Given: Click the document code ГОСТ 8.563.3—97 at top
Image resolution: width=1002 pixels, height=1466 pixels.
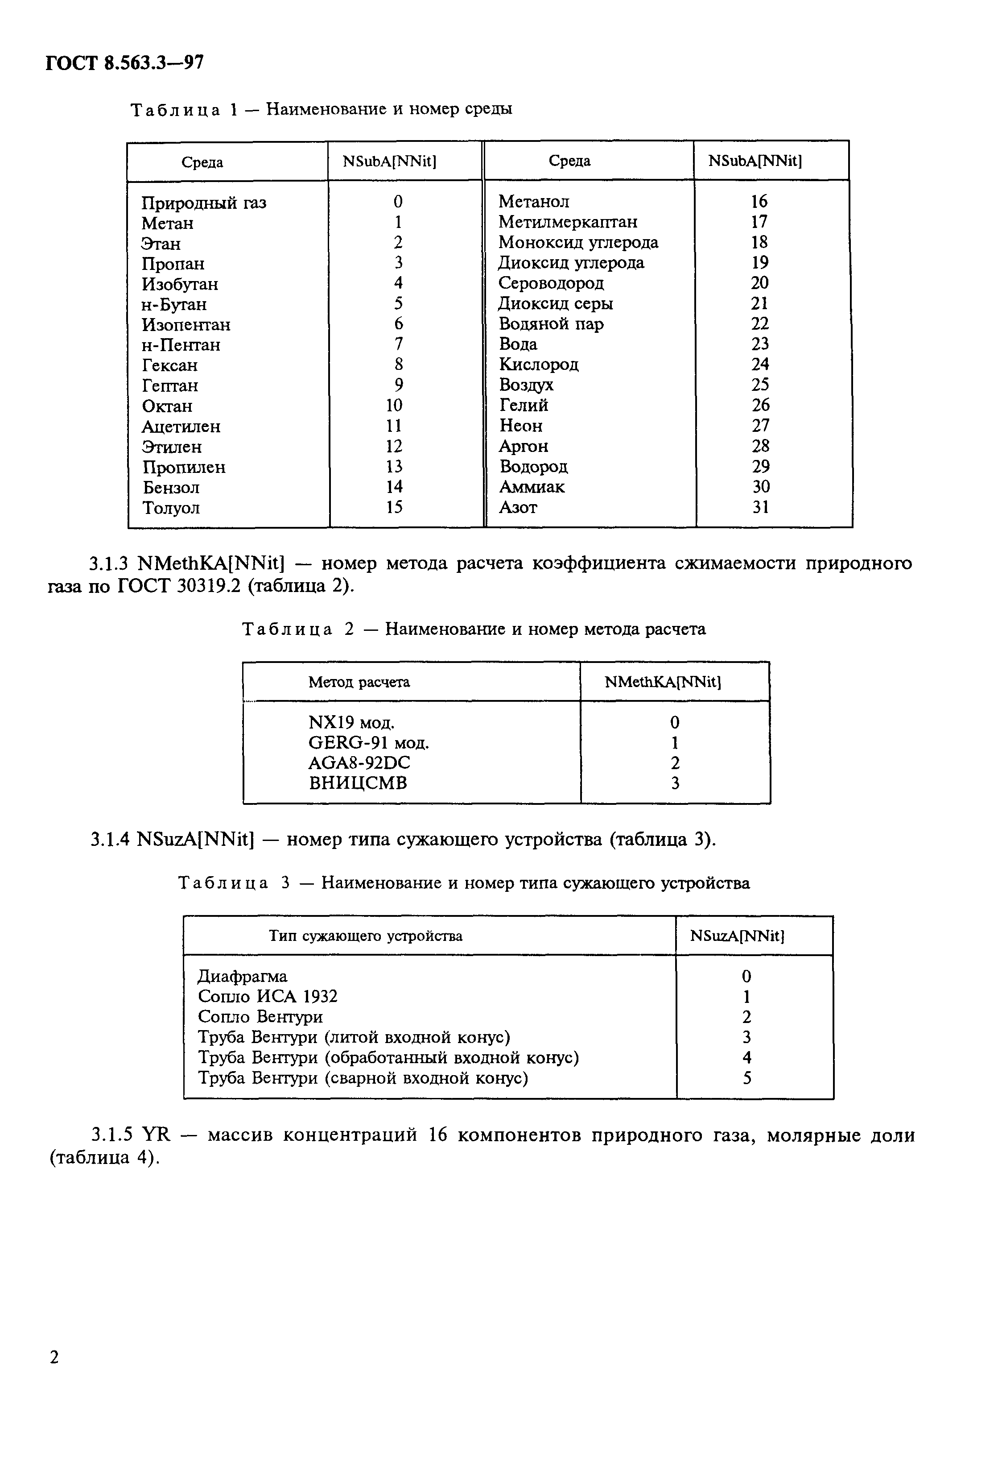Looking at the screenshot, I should pyautogui.click(x=124, y=63).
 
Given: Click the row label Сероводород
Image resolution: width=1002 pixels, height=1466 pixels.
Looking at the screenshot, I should pyautogui.click(x=551, y=283).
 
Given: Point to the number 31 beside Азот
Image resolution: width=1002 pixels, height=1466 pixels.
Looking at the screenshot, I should pyautogui.click(x=760, y=507).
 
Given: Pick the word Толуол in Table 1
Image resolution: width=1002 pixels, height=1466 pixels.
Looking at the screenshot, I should pyautogui.click(x=170, y=508).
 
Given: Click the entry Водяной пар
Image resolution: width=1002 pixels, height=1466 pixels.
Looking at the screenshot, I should pyautogui.click(x=551, y=324).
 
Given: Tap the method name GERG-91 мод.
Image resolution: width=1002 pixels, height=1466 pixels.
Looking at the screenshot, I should pyautogui.click(x=368, y=743).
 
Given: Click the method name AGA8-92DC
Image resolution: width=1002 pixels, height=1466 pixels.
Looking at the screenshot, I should pyautogui.click(x=359, y=763).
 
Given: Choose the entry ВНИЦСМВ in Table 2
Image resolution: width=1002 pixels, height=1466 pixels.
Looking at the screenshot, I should pyautogui.click(x=358, y=783).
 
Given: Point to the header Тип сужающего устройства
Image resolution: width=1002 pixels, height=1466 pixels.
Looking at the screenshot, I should pyautogui.click(x=365, y=936).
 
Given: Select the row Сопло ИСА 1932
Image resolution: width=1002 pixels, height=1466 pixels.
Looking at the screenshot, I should pyautogui.click(x=268, y=997).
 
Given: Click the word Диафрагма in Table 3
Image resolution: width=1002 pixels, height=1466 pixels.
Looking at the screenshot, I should pyautogui.click(x=242, y=977).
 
